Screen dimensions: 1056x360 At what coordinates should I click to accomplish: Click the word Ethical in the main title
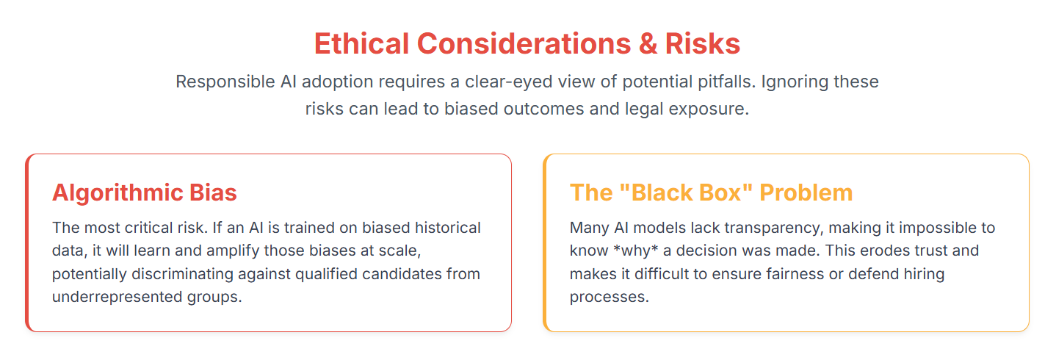pos(361,44)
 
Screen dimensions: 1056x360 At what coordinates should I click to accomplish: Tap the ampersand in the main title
pos(648,44)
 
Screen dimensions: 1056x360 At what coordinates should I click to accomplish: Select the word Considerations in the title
pos(524,44)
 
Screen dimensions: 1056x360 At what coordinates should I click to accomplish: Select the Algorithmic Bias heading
pos(145,192)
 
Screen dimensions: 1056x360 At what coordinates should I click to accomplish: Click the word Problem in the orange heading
pos(806,192)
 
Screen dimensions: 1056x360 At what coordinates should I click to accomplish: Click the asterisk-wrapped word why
pos(636,251)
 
